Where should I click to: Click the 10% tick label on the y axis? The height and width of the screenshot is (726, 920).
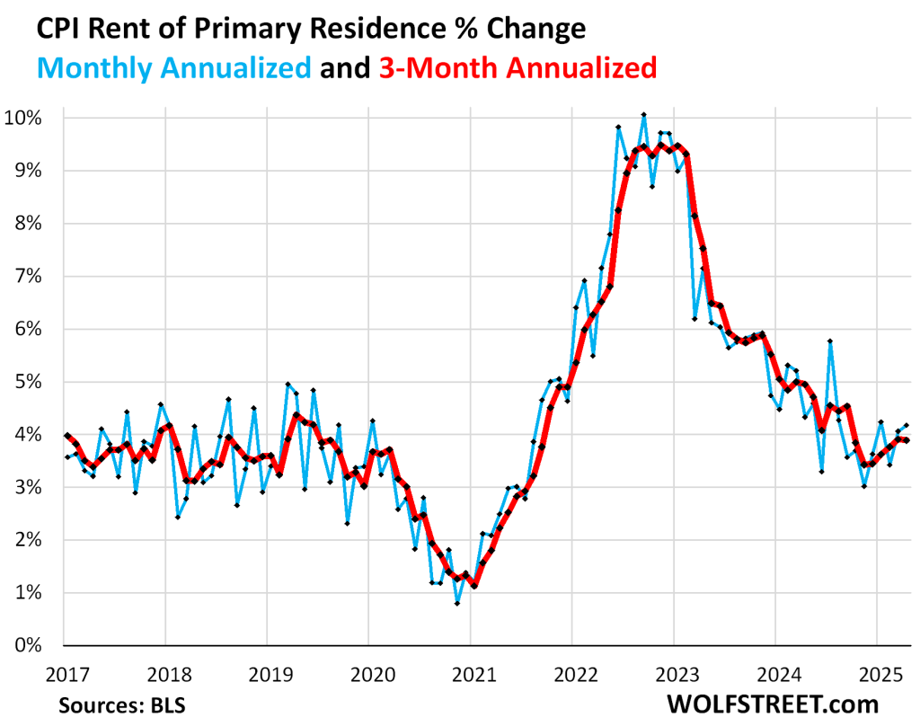(32, 118)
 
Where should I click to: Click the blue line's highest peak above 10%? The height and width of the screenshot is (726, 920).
(643, 114)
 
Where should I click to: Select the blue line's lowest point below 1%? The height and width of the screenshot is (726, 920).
(457, 603)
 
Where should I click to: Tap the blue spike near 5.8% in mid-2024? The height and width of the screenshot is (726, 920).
(830, 341)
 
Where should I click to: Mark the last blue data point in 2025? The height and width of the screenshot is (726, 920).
(906, 425)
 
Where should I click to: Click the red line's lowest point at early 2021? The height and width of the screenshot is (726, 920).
(474, 586)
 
